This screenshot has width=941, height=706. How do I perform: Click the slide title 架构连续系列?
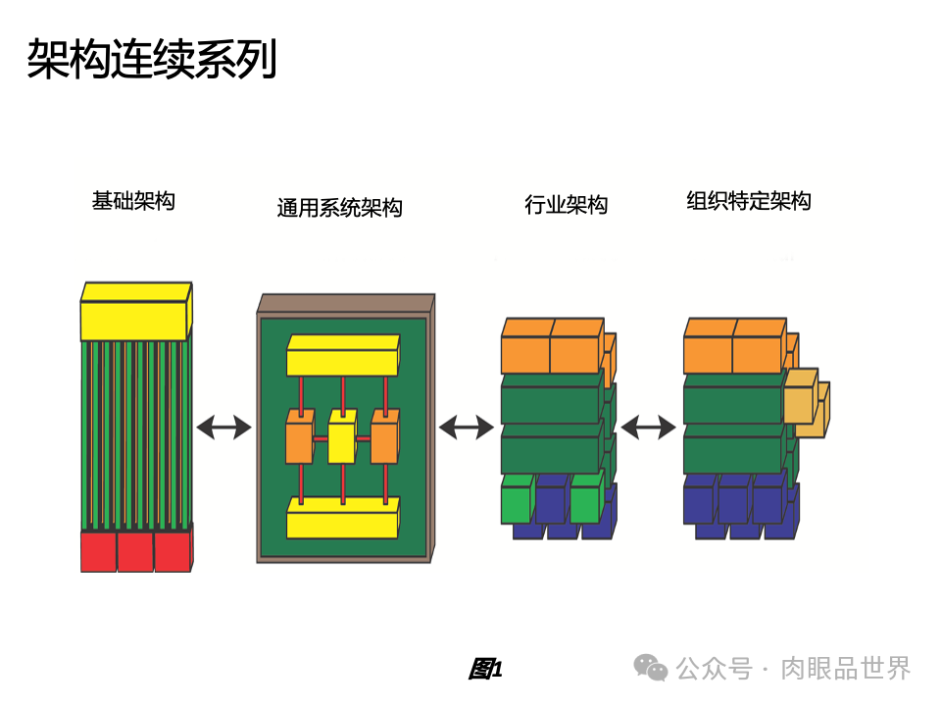click(152, 60)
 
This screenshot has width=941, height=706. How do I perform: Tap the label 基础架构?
click(133, 202)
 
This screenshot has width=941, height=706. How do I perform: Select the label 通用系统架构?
click(339, 208)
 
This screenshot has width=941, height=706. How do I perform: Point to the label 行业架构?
click(566, 205)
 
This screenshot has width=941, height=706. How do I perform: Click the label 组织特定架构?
click(749, 202)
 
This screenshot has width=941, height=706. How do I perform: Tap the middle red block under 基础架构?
click(135, 551)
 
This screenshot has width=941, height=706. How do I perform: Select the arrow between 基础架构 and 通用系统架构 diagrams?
click(223, 428)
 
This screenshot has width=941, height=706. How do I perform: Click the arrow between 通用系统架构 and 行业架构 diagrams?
click(466, 428)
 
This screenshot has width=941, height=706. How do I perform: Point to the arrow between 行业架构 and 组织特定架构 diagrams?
click(648, 428)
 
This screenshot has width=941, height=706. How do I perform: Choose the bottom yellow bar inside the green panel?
click(341, 517)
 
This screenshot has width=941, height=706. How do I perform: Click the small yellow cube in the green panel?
click(341, 440)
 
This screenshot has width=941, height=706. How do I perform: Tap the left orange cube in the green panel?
click(299, 440)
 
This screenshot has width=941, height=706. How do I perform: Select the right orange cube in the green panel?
click(383, 440)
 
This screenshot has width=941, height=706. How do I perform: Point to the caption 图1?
click(485, 670)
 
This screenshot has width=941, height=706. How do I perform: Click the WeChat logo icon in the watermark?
click(651, 668)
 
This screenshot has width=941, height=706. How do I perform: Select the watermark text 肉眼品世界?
click(845, 669)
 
